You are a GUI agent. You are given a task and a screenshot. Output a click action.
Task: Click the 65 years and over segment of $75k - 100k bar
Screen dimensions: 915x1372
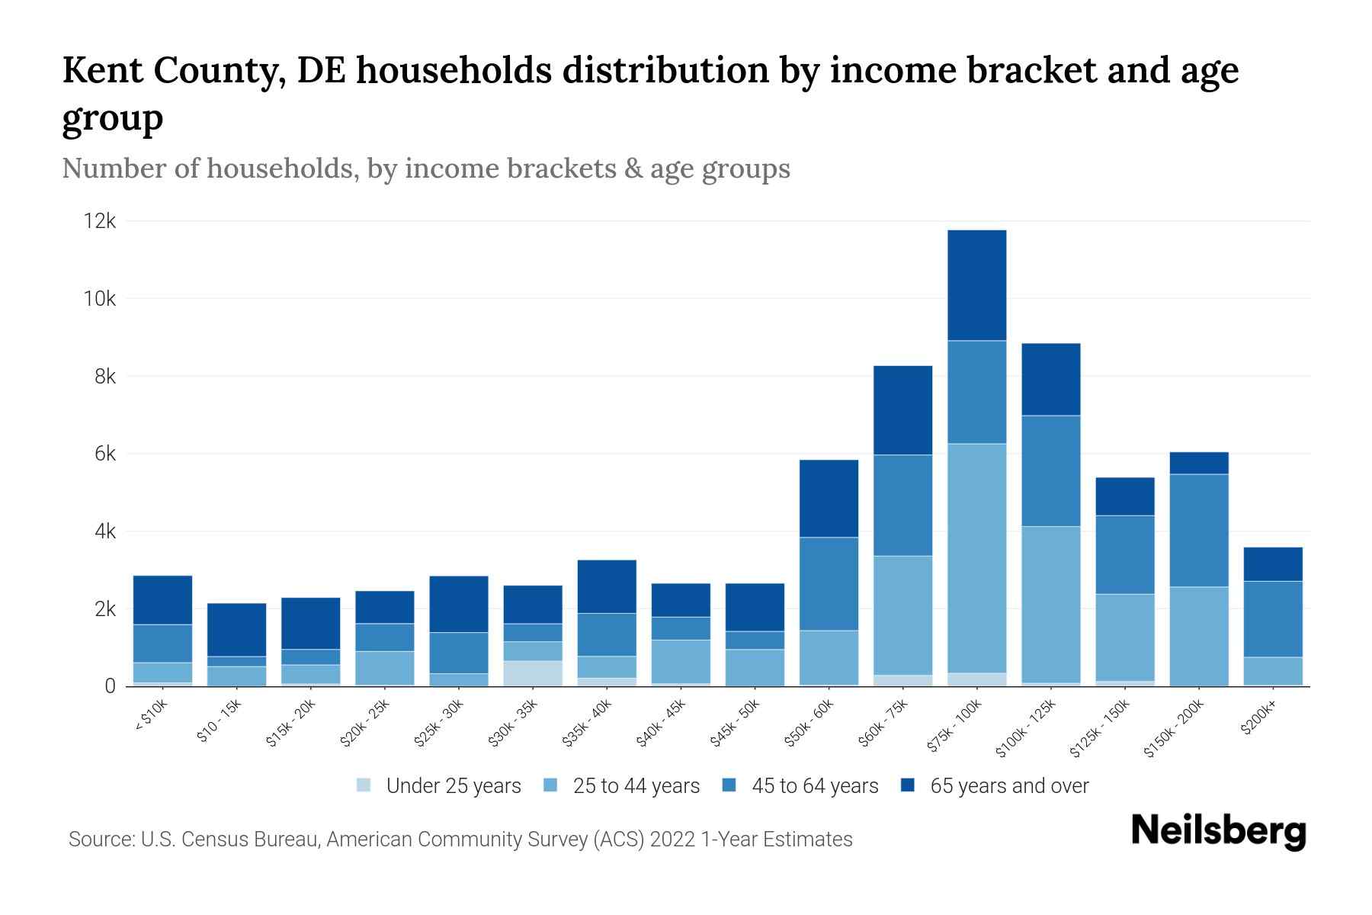click(977, 285)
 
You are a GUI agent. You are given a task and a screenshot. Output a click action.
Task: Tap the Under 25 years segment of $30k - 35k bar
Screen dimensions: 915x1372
click(533, 673)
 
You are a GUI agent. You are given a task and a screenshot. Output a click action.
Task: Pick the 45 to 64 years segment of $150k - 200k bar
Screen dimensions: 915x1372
click(1199, 531)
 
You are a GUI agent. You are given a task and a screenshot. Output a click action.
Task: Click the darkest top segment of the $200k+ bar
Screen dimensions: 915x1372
click(1273, 564)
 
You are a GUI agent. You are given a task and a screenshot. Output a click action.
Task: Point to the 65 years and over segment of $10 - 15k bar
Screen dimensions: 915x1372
click(237, 630)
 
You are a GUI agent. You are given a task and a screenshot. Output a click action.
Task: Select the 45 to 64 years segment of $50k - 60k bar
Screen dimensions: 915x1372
click(829, 584)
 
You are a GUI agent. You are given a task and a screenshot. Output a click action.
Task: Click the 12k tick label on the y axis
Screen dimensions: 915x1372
click(100, 221)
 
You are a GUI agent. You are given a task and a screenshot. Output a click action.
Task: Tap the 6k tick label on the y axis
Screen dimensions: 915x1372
click(105, 454)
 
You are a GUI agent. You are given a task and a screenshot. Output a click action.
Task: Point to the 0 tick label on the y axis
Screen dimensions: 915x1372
click(110, 686)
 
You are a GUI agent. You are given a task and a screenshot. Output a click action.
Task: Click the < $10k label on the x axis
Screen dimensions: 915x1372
click(151, 717)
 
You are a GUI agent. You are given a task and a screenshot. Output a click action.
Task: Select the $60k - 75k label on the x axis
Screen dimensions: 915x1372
click(884, 724)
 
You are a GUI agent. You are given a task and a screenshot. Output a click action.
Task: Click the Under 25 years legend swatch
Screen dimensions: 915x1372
click(364, 785)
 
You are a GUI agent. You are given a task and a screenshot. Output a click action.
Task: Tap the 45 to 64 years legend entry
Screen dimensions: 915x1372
click(815, 785)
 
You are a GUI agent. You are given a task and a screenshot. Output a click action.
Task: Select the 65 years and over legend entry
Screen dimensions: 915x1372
click(1009, 785)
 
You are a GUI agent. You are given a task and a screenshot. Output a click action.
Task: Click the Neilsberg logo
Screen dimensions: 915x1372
click(1218, 831)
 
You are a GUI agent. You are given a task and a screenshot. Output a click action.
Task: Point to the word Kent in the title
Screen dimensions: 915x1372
click(101, 71)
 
